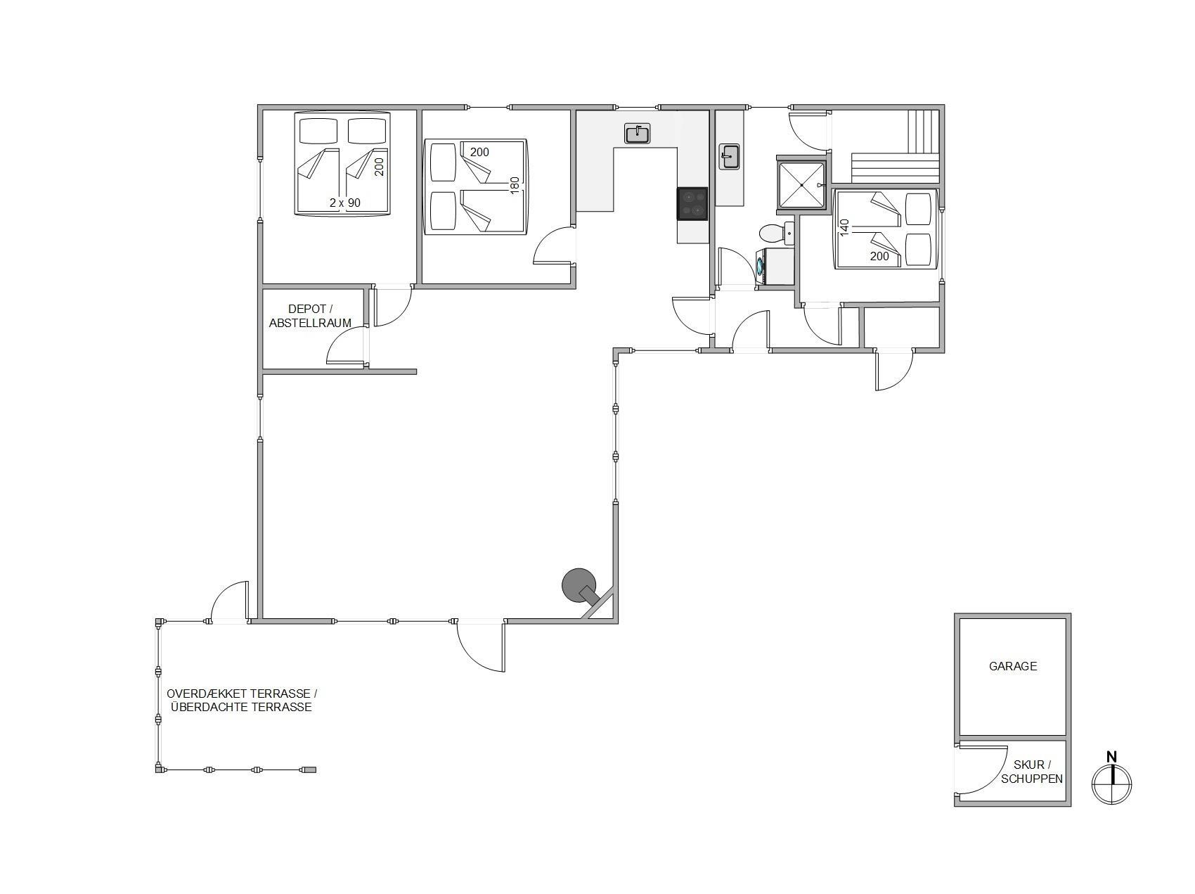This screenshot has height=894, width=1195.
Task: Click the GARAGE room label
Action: click(1012, 666)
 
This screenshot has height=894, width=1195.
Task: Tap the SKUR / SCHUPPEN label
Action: click(1032, 772)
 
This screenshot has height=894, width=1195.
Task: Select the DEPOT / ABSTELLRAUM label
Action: click(310, 316)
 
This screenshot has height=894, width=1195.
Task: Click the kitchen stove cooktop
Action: click(692, 203)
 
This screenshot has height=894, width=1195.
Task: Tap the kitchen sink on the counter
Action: click(638, 133)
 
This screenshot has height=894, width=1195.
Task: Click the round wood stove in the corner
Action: click(579, 585)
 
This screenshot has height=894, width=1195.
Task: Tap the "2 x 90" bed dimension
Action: click(345, 203)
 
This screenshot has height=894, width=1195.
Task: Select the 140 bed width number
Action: click(845, 226)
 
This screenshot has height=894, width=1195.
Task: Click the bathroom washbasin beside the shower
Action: click(730, 156)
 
